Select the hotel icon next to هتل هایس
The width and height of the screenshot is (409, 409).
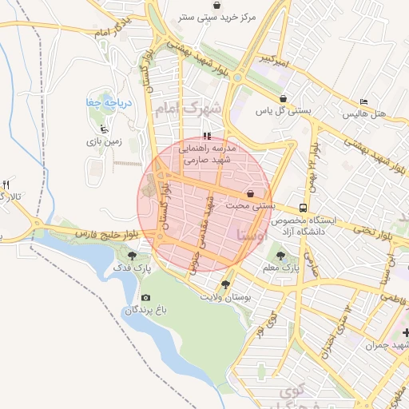(x=363, y=102)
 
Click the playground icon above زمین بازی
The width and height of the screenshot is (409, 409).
(x=103, y=128)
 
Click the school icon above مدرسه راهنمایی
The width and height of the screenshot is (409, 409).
(x=207, y=136)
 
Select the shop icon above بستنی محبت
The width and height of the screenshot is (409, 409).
(x=251, y=193)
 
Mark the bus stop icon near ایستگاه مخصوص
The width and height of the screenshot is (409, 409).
(x=303, y=206)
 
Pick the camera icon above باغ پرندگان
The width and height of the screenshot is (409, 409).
(x=145, y=297)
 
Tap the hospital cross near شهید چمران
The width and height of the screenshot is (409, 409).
(x=405, y=332)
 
